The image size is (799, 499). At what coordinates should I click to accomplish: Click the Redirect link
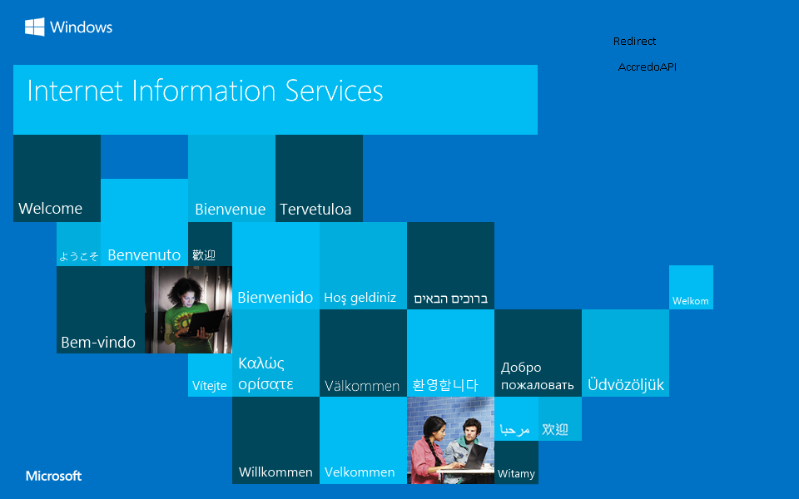point(634,42)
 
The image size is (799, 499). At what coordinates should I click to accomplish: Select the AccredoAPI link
point(647,67)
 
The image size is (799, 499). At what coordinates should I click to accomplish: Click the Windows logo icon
point(34,27)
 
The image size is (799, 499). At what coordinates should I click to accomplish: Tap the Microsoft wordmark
point(53,477)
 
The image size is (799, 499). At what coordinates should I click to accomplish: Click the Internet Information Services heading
point(205,91)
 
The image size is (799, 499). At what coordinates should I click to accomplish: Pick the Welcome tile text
point(50,209)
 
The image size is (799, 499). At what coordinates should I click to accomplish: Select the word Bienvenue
point(230,210)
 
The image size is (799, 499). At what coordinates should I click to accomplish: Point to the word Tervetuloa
point(315,210)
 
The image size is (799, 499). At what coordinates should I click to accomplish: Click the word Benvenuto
point(144,255)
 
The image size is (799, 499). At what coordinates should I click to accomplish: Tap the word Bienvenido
point(275,298)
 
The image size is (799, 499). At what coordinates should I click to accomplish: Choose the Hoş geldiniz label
point(360,298)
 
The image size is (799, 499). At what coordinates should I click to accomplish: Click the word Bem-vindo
point(98,343)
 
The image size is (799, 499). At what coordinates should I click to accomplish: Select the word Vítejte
point(209,386)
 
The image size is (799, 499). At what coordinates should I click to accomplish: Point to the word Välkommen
point(362,386)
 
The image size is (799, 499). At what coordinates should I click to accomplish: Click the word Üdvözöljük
point(626,385)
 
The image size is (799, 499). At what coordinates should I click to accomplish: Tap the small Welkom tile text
point(690,301)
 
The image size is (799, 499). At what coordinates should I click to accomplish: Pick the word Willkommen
point(275,472)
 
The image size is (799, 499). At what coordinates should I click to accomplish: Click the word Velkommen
point(360,472)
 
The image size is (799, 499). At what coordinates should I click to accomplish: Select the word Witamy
point(516,474)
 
